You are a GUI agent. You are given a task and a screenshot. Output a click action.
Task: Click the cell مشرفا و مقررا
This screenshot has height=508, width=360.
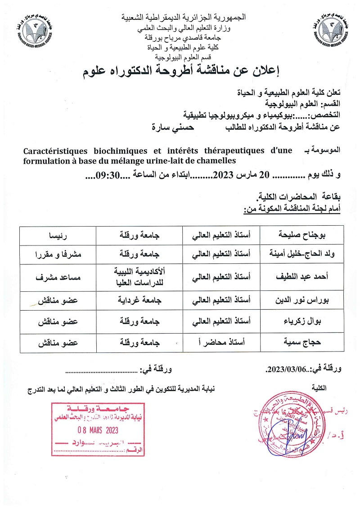(x=58, y=255)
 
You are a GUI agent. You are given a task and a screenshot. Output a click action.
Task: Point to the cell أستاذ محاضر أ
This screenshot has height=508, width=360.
(x=223, y=343)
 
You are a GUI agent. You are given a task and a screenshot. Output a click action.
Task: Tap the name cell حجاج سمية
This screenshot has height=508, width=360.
(x=304, y=343)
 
